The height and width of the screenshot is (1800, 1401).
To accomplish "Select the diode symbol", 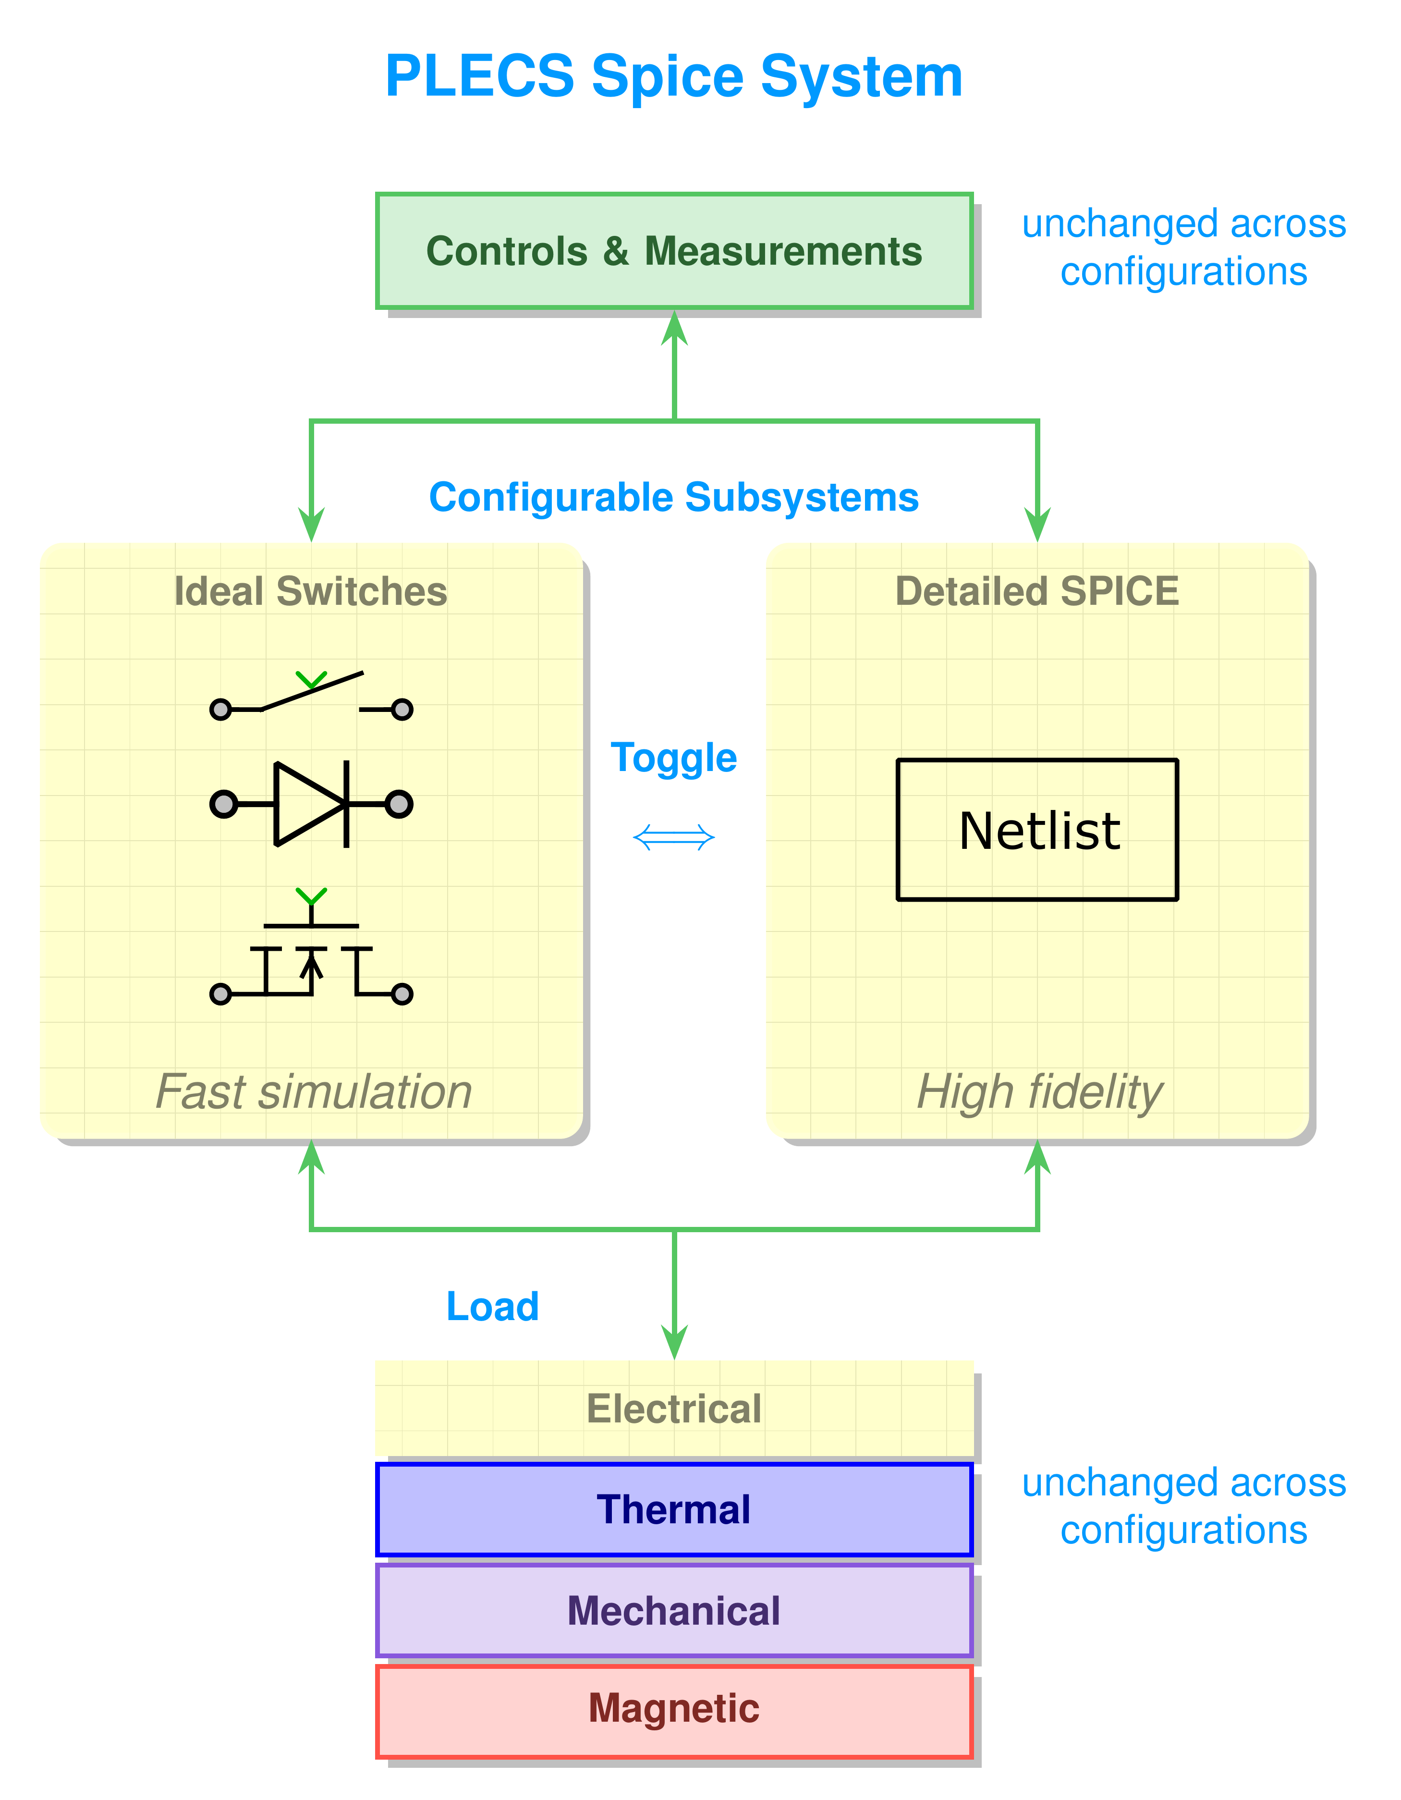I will [x=311, y=804].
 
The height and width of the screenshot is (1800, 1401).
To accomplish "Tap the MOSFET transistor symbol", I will [x=311, y=956].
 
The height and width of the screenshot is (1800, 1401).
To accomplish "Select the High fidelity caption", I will [x=1039, y=1092].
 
